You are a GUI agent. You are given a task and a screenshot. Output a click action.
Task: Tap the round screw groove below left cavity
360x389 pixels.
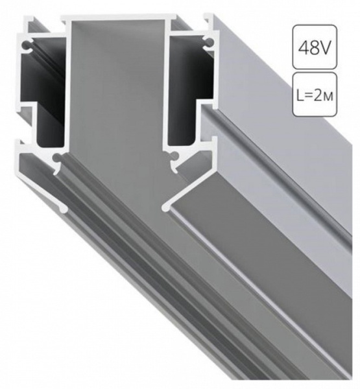[58, 158]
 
